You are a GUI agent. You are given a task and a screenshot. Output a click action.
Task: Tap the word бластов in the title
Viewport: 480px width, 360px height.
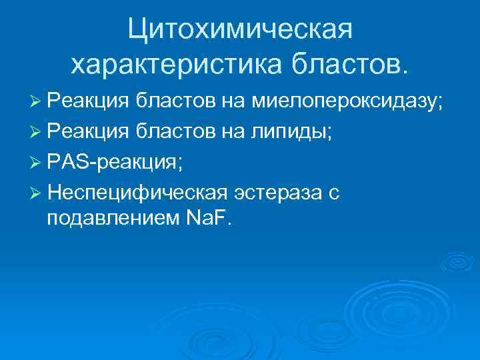click(x=347, y=64)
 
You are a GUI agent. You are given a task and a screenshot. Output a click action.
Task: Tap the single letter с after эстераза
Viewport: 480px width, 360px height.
click(x=335, y=193)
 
